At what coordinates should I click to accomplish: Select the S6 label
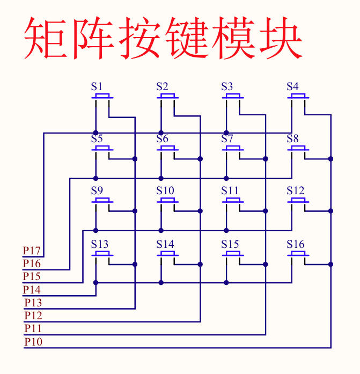pyautogui.click(x=162, y=138)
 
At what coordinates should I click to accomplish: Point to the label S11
pyautogui.click(x=230, y=190)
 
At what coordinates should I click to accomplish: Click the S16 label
pyautogui.click(x=295, y=244)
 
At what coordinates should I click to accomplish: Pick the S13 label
pyautogui.click(x=99, y=244)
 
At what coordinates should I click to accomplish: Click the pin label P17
pyautogui.click(x=32, y=251)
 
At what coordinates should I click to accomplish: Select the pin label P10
pyautogui.click(x=33, y=342)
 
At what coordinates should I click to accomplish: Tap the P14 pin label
pyautogui.click(x=32, y=290)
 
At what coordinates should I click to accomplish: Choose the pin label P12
pyautogui.click(x=33, y=316)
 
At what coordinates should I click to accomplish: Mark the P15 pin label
pyautogui.click(x=32, y=276)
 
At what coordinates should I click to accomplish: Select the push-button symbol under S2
pyautogui.click(x=167, y=97)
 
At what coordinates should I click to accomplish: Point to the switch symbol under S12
pyautogui.click(x=298, y=201)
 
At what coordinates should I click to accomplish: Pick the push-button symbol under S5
pyautogui.click(x=102, y=149)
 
